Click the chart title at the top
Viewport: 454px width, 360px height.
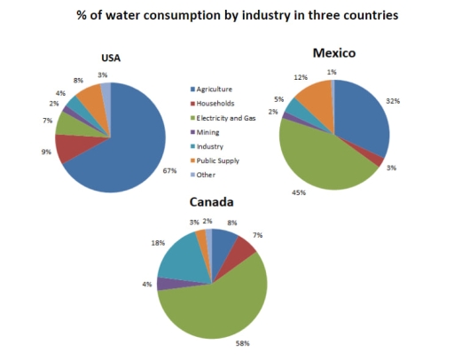[235, 16]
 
